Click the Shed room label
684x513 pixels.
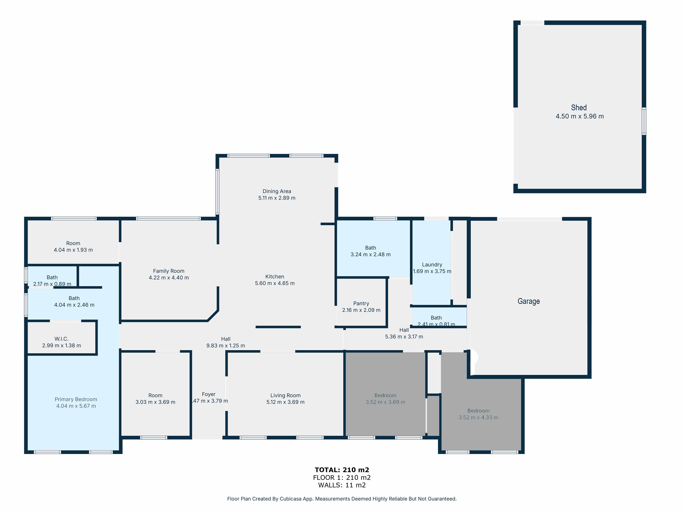point(578,108)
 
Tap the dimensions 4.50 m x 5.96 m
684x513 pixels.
point(580,116)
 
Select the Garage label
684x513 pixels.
point(528,301)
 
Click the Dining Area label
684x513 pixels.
point(277,191)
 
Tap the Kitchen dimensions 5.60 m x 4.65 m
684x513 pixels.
point(275,283)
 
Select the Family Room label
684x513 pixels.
point(169,271)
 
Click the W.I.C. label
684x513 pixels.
point(62,339)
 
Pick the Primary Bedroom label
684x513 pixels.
point(76,399)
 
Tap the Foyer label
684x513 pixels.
point(209,394)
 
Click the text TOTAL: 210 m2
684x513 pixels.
point(342,470)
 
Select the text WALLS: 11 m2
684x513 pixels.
point(342,485)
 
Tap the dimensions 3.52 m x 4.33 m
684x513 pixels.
point(478,417)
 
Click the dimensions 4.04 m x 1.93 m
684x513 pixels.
point(73,250)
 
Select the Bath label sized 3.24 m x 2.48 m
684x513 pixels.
point(370,248)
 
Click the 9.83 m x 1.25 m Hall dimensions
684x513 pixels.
point(225,346)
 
